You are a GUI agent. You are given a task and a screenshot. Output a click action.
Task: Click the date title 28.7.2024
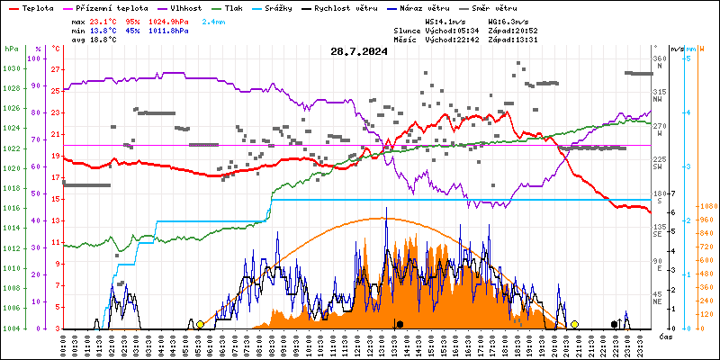point(358,52)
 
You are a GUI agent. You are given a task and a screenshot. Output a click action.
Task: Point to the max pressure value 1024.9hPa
point(169,20)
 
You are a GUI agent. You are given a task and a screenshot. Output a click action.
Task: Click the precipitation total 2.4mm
point(213,20)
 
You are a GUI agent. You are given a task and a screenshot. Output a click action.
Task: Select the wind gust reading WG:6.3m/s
point(508,20)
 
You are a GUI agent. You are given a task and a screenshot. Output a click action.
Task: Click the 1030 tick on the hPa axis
point(13,68)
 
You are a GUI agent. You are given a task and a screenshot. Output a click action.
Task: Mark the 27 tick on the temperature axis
point(55,68)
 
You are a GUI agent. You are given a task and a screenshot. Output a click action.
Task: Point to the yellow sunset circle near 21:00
point(574,324)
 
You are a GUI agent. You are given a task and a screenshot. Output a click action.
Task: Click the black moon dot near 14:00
point(400,324)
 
